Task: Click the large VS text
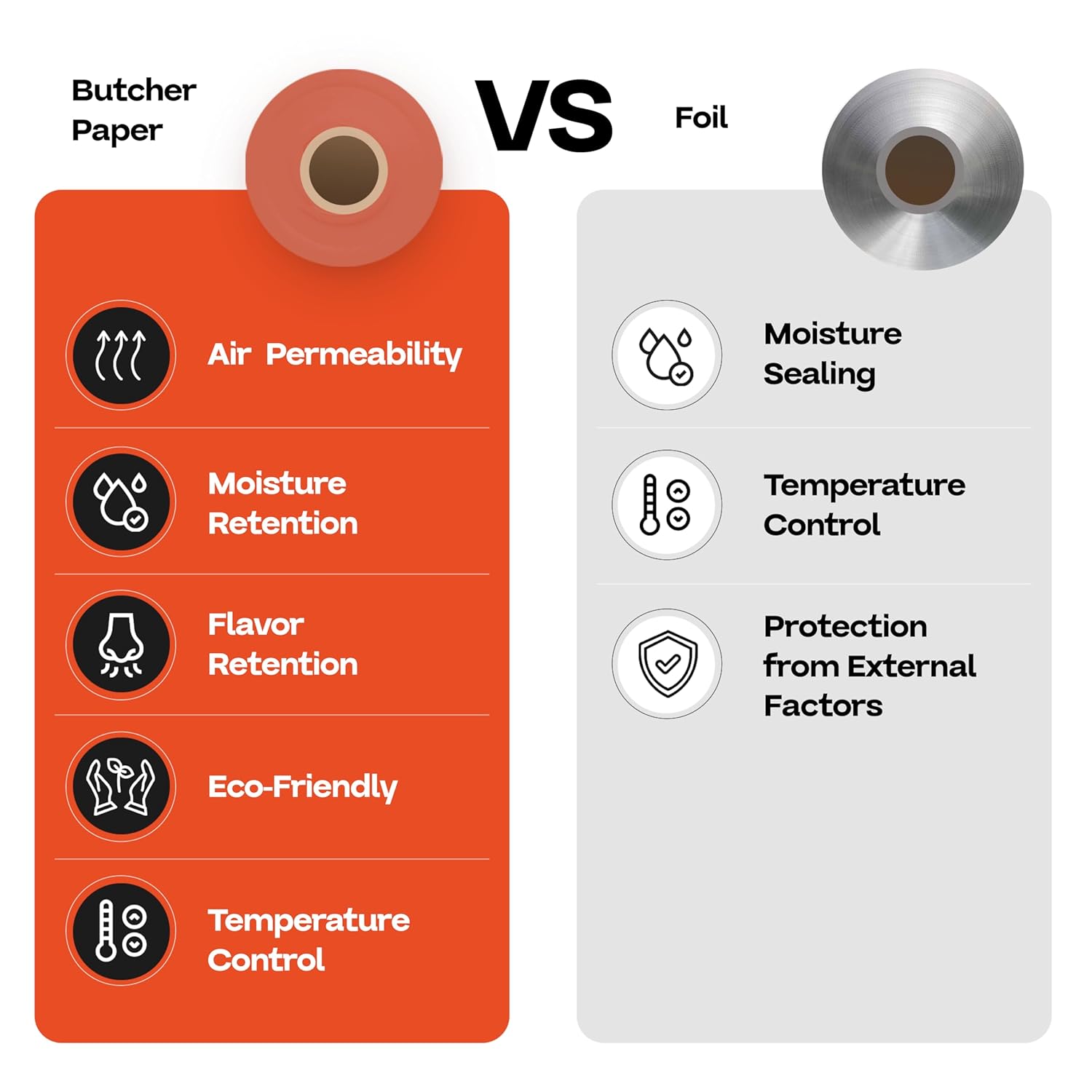coord(544,116)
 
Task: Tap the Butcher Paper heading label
coord(133,111)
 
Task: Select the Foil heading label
coord(701,118)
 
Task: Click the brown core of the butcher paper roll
coord(344,170)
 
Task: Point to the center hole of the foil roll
coord(920,170)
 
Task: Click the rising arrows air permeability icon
coord(121,355)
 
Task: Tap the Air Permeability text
coord(334,355)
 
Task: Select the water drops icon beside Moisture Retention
coord(121,502)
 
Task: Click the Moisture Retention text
coord(282,504)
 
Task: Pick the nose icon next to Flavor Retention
coord(121,645)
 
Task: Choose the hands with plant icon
coord(121,787)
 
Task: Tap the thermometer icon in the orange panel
coord(121,931)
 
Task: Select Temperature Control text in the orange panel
coord(308,940)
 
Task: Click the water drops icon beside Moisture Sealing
coord(666,355)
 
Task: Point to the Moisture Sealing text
coord(832,354)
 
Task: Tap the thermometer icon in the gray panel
coord(666,505)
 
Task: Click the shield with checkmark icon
coord(667,664)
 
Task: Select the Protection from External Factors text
coord(869,666)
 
